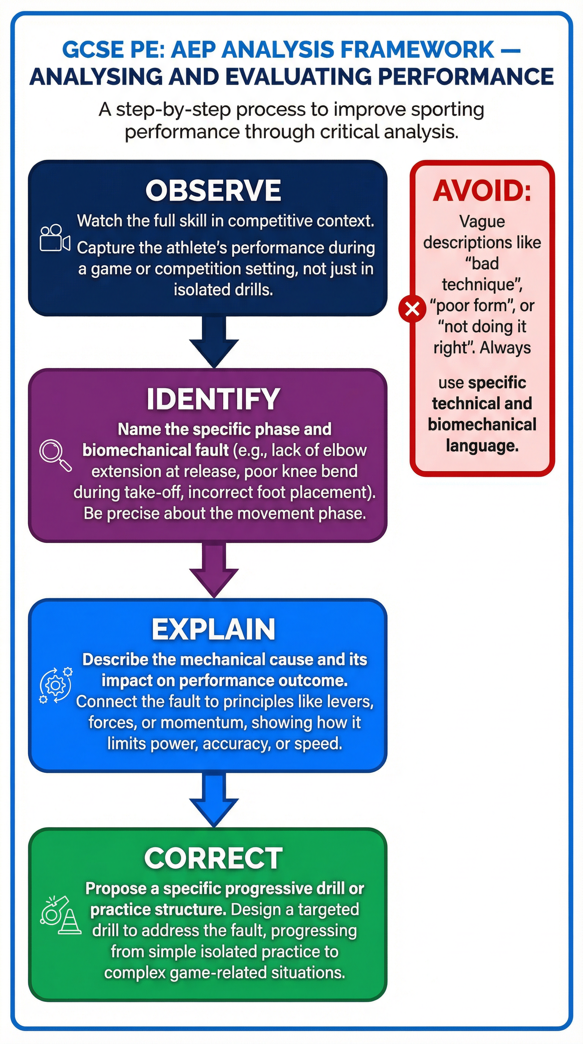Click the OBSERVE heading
tap(213, 190)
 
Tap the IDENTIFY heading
tap(213, 399)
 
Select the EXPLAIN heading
tap(213, 629)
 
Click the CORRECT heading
tap(213, 858)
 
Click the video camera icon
tap(54, 238)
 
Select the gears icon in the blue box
tap(55, 685)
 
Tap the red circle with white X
tap(412, 309)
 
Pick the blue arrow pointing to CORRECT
tap(214, 800)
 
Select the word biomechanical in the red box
tap(482, 425)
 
